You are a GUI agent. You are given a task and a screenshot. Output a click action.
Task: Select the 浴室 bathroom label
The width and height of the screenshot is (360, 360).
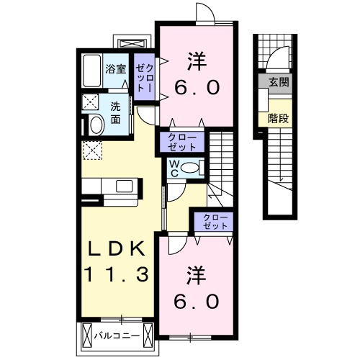pos(115,70)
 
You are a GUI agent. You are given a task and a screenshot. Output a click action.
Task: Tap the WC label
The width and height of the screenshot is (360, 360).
pos(174,168)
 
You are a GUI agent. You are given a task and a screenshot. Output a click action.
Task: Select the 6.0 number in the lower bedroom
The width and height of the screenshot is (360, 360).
pos(194,301)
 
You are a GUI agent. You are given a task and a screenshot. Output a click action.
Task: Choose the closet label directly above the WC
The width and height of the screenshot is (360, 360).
pos(182,140)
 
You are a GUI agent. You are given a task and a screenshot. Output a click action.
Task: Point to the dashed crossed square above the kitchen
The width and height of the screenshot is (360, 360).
pos(92,149)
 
